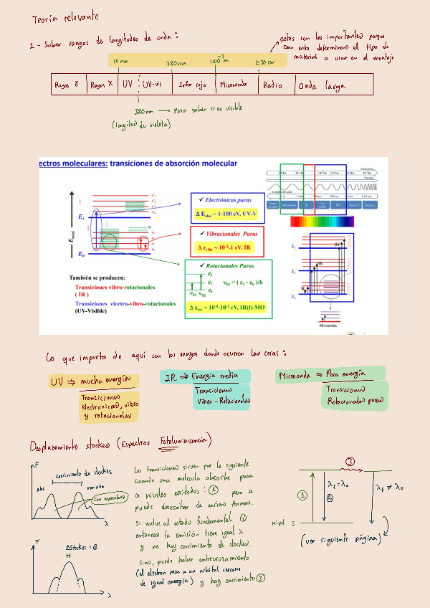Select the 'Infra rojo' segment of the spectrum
click(x=193, y=85)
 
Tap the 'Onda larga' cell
click(x=322, y=86)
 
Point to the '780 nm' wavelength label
click(x=176, y=63)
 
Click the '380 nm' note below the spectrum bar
click(x=144, y=111)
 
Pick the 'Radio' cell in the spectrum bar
click(x=272, y=85)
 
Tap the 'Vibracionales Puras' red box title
click(x=230, y=234)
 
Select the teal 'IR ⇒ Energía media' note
click(x=205, y=377)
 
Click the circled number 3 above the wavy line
click(x=350, y=460)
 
